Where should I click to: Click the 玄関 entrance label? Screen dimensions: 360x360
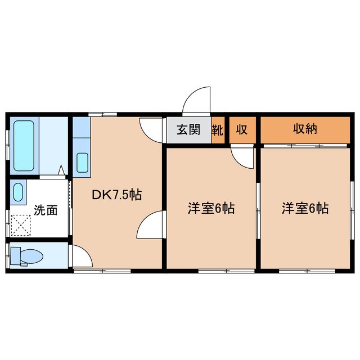point(188,130)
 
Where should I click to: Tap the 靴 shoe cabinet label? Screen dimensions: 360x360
point(218,130)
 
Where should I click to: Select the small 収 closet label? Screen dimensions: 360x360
point(242,130)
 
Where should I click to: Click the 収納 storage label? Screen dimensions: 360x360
point(305,129)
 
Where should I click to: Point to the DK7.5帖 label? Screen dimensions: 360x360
point(117,195)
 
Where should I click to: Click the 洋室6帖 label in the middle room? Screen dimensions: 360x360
point(211,209)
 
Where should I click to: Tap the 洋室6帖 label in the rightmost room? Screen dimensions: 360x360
point(305,209)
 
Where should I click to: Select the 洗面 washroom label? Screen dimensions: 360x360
point(46,210)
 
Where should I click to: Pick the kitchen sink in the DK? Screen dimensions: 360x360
point(82,162)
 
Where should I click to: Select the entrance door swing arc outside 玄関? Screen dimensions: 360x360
point(196,101)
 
